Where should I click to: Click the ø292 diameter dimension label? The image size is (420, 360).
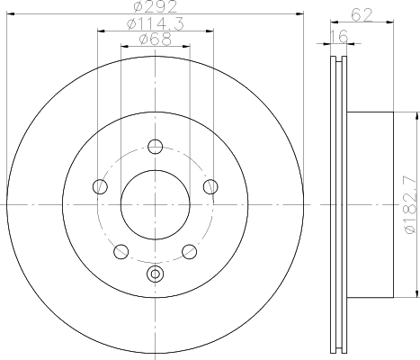[x=156, y=6]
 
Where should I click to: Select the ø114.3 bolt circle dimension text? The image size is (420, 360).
[x=156, y=24]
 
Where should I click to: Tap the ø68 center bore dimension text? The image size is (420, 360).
[x=156, y=40]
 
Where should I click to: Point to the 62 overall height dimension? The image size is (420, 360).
[x=362, y=14]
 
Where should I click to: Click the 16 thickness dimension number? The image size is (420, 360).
[x=339, y=36]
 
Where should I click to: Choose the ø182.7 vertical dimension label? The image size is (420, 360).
[x=411, y=205]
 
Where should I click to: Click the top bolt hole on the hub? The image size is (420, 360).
[x=156, y=147]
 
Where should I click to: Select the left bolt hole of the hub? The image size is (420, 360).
[x=100, y=186]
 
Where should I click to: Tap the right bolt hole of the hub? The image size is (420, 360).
[x=210, y=186]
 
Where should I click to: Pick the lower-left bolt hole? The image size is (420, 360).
[x=121, y=251]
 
